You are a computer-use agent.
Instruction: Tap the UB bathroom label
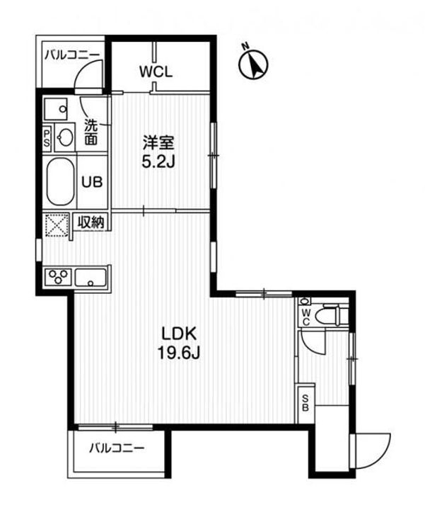[x=91, y=181]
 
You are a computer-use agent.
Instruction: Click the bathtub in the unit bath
[x=57, y=181]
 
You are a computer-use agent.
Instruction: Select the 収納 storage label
[x=91, y=222]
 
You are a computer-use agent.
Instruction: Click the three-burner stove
[x=57, y=276]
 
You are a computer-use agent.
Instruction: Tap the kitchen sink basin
[x=91, y=277]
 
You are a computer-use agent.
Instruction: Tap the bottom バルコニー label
[x=116, y=448]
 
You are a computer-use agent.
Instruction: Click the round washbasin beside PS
[x=64, y=137]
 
